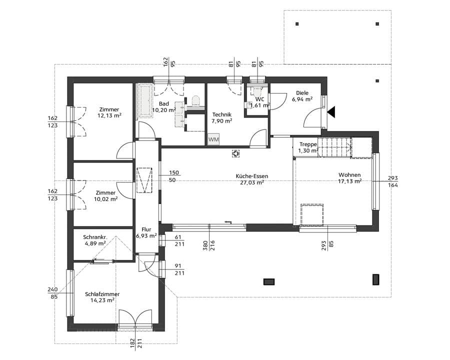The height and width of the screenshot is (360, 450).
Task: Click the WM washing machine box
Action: [213, 139]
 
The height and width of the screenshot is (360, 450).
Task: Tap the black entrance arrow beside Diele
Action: [331, 112]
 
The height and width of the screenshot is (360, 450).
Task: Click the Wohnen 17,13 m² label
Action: [349, 178]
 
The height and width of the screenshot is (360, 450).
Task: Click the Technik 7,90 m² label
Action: [221, 117]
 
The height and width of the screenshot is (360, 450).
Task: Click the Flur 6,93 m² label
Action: [146, 232]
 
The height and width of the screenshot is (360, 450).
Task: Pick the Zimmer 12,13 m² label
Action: [109, 112]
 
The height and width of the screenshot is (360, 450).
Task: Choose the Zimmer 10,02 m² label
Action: [106, 195]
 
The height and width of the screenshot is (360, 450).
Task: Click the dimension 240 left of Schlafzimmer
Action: [53, 289]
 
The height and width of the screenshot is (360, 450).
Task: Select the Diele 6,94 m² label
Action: [302, 96]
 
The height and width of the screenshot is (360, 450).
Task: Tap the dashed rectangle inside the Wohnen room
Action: [311, 215]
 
